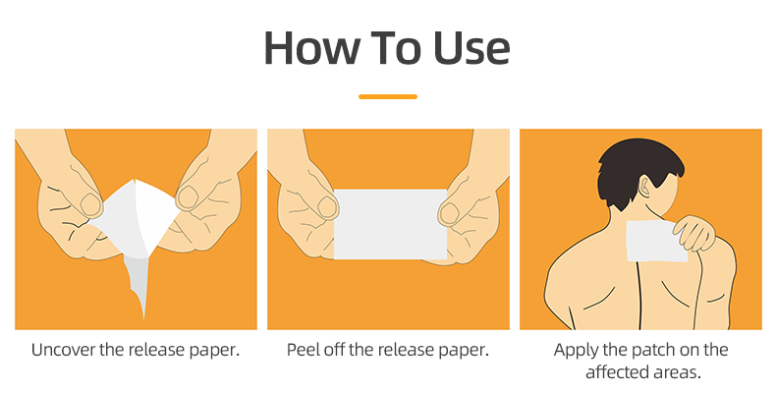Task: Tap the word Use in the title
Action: point(471,48)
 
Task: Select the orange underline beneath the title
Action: point(387,96)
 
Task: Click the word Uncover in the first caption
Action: point(63,350)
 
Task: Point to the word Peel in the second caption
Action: point(304,350)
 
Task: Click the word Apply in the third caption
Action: point(574,351)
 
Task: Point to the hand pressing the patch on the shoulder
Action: point(694,233)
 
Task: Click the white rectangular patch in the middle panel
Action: point(391,224)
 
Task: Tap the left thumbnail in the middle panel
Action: point(328,207)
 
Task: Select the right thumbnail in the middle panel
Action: point(449,213)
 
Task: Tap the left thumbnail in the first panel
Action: point(91,204)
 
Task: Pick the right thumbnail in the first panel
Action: point(187,197)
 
